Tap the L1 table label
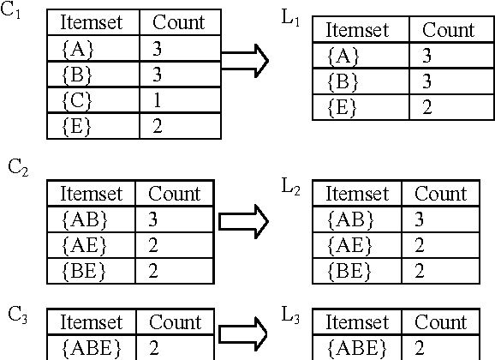[291, 18]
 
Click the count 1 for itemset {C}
[157, 99]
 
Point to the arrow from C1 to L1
[245, 60]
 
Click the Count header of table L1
[448, 30]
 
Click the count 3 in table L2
[419, 219]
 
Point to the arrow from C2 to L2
[244, 221]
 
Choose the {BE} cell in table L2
[349, 271]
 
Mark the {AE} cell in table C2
[84, 246]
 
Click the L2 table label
[292, 185]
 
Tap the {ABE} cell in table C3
[92, 349]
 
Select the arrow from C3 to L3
[243, 333]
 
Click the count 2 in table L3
[420, 349]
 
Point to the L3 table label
[292, 315]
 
